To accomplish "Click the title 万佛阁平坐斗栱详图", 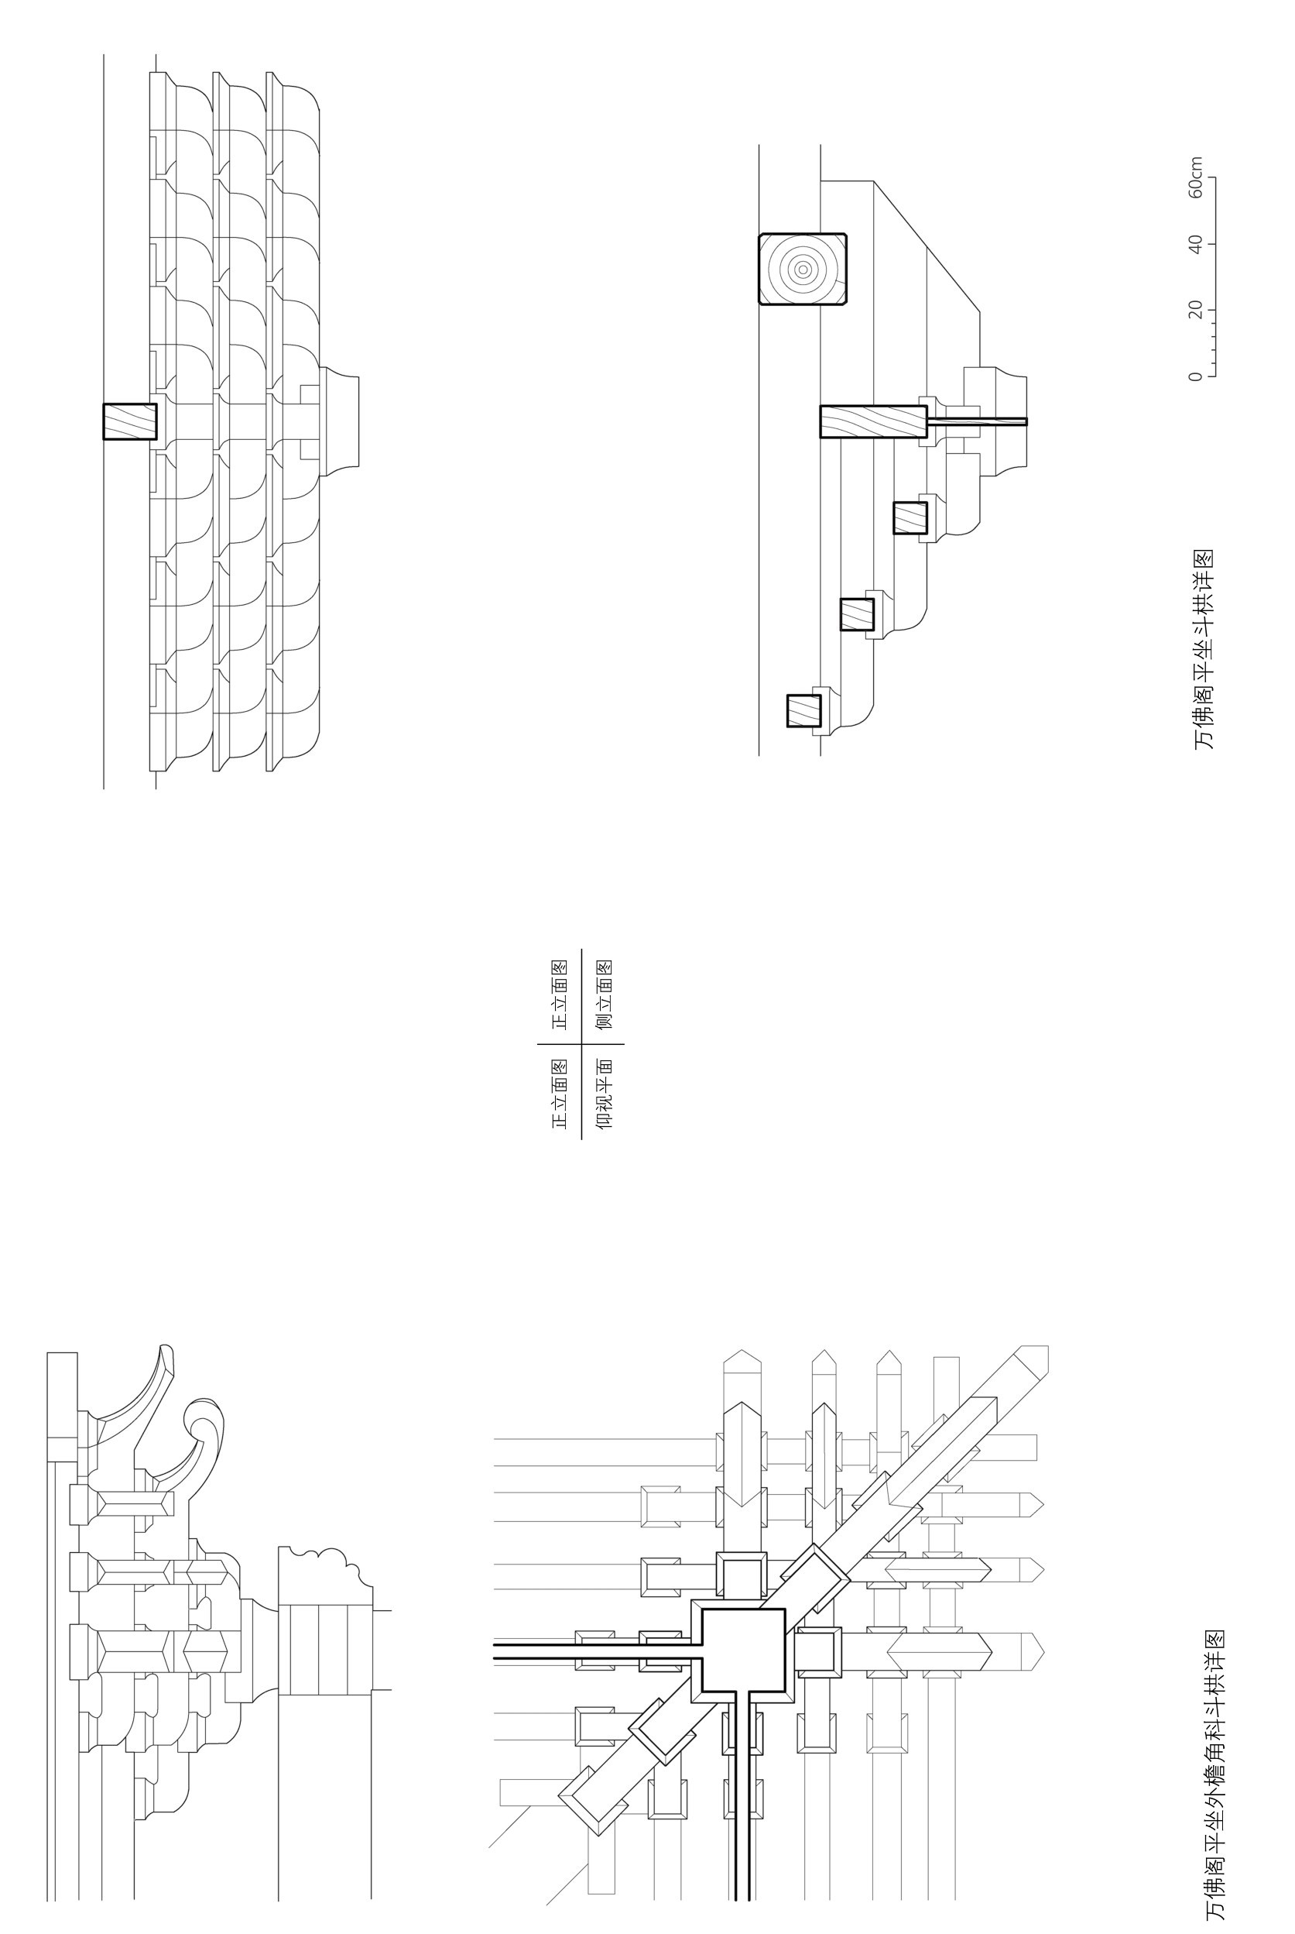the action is click(x=1204, y=649).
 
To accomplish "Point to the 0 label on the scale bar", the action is click(x=1195, y=376).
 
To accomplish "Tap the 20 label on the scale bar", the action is click(x=1195, y=310).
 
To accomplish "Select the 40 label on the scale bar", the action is click(x=1195, y=244).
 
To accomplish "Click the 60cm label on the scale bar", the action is click(x=1195, y=177).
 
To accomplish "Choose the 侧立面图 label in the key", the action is click(x=605, y=994).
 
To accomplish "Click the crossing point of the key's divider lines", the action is click(x=581, y=1044).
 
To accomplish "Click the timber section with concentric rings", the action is click(x=803, y=270).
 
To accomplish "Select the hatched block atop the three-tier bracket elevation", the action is click(x=130, y=421).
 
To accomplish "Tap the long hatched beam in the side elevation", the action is click(x=873, y=421).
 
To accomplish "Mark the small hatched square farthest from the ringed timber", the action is click(x=803, y=710).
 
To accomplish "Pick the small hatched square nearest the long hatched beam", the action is click(x=910, y=518).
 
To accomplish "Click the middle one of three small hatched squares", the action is click(x=856, y=615).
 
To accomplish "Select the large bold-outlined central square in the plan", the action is click(x=742, y=1649).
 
